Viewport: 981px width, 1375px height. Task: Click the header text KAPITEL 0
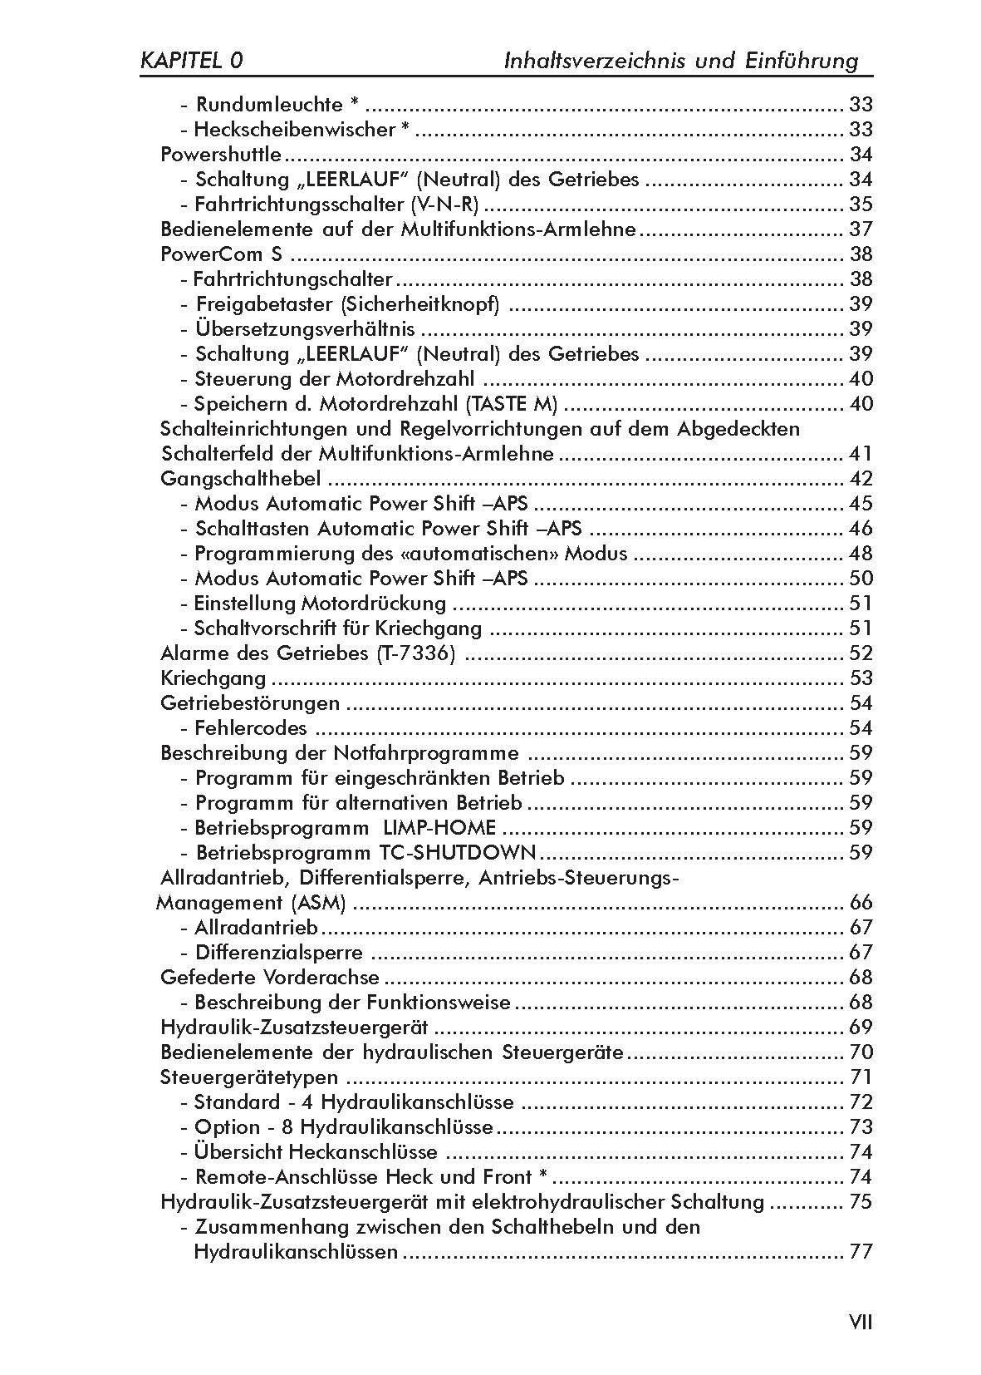(x=192, y=61)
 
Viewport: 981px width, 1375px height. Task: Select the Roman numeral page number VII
(x=860, y=1322)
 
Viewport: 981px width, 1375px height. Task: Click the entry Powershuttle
(x=221, y=155)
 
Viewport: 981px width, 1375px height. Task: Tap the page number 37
(x=861, y=229)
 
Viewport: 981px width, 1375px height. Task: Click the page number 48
(x=861, y=554)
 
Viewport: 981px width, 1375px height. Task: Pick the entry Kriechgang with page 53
(x=213, y=678)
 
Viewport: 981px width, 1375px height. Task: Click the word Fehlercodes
(x=251, y=728)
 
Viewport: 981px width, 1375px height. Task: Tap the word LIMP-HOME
(x=440, y=828)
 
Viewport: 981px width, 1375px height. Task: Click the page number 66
(x=861, y=903)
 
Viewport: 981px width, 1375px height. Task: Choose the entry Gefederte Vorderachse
(x=270, y=978)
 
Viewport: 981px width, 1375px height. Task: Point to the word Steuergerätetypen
(x=249, y=1077)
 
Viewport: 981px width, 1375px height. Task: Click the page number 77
(x=861, y=1252)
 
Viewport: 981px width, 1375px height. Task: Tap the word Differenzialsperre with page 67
(x=279, y=953)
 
